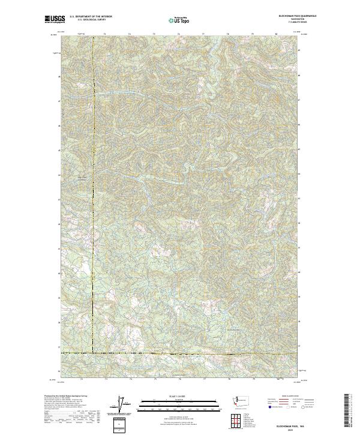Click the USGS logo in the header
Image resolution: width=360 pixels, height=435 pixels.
tap(55, 19)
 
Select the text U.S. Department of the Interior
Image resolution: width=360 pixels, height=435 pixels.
tap(91, 17)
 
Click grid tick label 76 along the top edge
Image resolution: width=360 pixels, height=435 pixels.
tap(179, 35)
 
